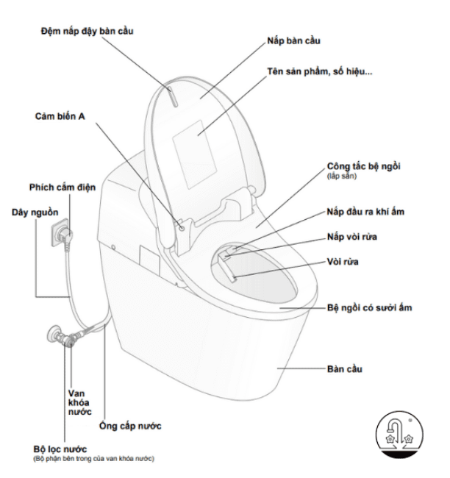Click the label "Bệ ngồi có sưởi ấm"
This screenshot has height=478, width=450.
click(x=369, y=307)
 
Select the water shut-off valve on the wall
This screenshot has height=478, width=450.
click(x=60, y=338)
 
